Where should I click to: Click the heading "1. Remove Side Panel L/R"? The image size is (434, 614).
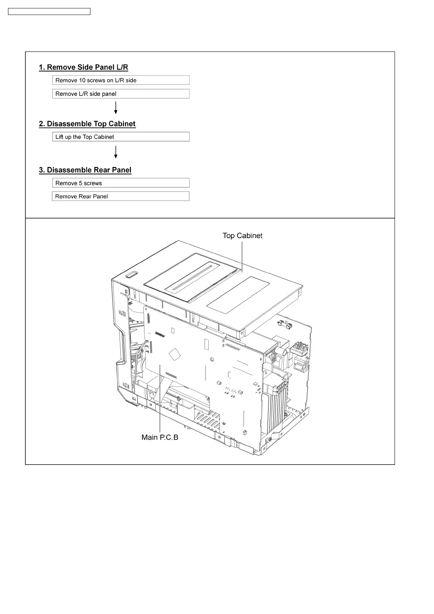pos(84,67)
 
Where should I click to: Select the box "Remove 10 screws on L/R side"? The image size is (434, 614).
pos(121,80)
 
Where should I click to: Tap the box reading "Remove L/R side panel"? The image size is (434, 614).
pos(121,94)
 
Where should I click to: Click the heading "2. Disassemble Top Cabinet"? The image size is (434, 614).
pos(87,124)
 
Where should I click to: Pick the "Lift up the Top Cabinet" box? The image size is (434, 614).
pos(121,137)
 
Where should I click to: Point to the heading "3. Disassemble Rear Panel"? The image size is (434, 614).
pos(85,170)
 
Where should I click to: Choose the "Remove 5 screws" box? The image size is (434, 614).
pos(121,183)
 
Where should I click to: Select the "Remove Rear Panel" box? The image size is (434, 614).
pos(120,197)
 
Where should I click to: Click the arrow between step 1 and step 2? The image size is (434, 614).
pos(116,108)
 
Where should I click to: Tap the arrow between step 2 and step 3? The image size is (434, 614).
pos(116,152)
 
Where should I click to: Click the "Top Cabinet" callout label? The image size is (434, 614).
pos(243,236)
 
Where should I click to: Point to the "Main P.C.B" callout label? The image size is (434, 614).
pos(160,437)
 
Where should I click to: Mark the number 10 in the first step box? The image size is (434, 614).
pos(82,81)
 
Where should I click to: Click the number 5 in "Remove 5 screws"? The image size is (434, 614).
pos(81,183)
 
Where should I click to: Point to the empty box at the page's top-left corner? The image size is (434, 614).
pos(49,12)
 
